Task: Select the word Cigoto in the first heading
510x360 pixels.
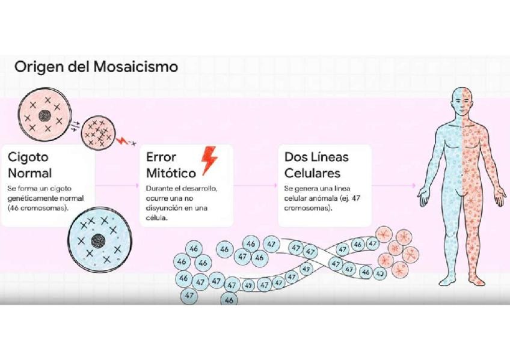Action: click(28, 157)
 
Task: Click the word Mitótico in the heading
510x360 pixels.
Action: click(171, 174)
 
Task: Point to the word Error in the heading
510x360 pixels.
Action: click(161, 157)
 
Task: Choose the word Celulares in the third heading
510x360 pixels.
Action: click(313, 174)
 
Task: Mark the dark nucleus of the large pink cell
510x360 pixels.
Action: click(45, 116)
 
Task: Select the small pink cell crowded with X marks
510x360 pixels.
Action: click(96, 132)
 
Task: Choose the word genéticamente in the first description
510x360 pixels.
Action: click(31, 198)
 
